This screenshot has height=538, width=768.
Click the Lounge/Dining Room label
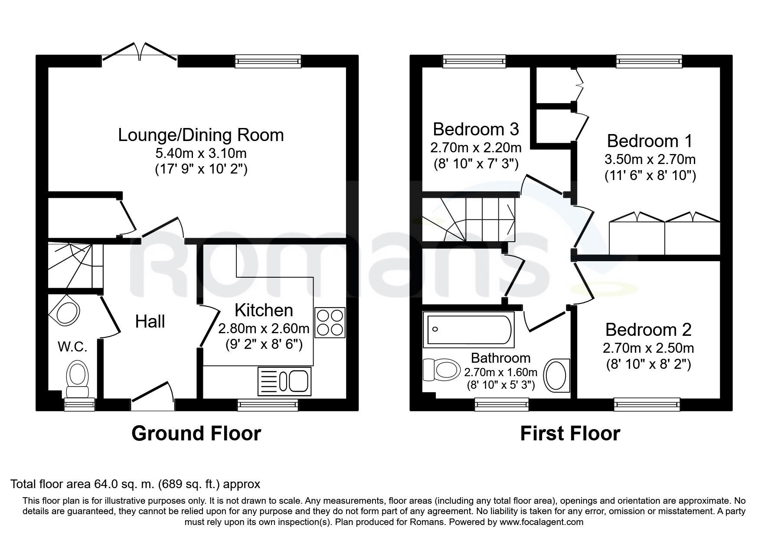click(201, 135)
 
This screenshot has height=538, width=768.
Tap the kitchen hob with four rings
click(330, 322)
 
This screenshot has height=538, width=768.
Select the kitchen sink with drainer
click(284, 381)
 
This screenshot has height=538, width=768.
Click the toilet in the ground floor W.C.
click(78, 377)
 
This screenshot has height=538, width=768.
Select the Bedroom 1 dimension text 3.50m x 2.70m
click(650, 159)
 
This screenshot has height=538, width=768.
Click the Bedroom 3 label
click(476, 129)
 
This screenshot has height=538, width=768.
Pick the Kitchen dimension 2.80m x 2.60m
click(263, 328)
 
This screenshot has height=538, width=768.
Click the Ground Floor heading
click(196, 433)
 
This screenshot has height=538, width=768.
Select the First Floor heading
click(570, 433)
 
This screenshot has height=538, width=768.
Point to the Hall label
click(150, 321)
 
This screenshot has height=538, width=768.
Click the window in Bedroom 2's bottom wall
click(647, 404)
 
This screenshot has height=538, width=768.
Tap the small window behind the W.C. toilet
click(79, 404)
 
